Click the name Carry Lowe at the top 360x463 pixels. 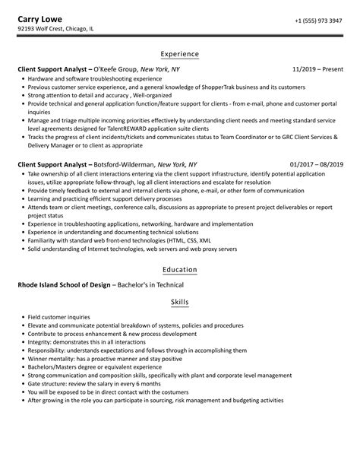(43, 20)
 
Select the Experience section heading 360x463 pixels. (180, 54)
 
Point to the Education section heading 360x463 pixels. (180, 269)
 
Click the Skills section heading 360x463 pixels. (180, 303)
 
